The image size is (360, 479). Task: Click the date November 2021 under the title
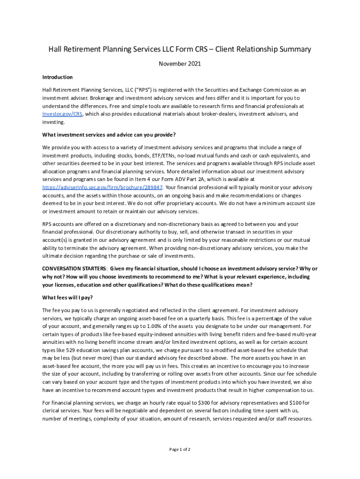coord(180,64)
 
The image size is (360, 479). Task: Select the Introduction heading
coord(57,77)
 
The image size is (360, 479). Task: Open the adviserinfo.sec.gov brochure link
coord(102,187)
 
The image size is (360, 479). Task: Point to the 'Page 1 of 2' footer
coord(180,450)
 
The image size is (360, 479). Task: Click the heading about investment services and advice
coord(109,135)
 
